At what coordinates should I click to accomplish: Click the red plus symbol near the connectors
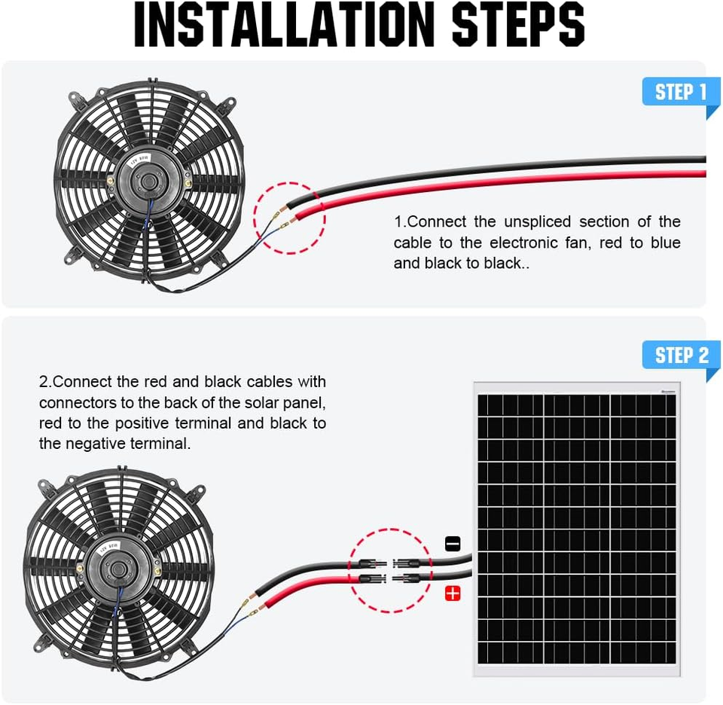tap(453, 594)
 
